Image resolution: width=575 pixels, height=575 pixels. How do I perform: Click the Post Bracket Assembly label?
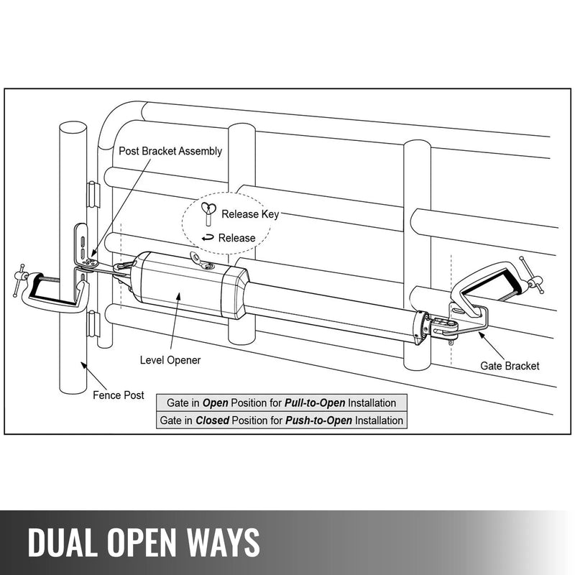pyautogui.click(x=170, y=152)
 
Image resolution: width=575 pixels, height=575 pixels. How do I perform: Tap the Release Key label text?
pyautogui.click(x=249, y=214)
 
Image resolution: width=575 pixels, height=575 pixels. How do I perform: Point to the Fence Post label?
pyautogui.click(x=119, y=395)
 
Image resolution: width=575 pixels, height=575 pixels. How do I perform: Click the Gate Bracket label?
pyautogui.click(x=510, y=366)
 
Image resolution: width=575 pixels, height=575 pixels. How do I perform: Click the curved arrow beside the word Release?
pyautogui.click(x=208, y=237)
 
